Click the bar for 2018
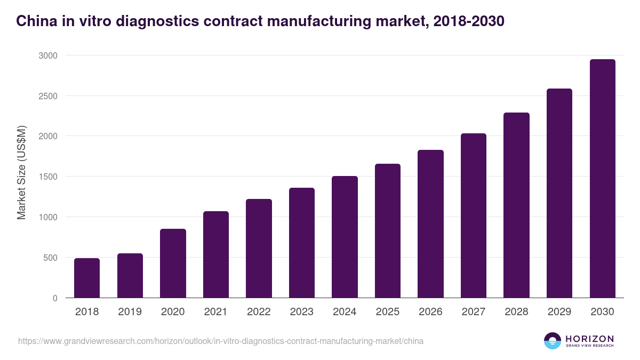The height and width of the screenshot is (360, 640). [87, 278]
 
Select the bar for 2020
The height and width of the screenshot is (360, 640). [173, 263]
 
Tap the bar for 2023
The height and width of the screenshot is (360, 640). [302, 243]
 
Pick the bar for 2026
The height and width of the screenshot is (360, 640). [430, 224]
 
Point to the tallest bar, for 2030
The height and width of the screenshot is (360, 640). [602, 179]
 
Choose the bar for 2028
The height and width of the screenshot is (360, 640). [516, 205]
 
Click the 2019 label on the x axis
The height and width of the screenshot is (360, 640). [130, 312]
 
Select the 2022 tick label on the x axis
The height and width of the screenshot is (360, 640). [259, 312]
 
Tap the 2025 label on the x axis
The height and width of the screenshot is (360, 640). [388, 312]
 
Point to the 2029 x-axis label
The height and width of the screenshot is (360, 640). [559, 312]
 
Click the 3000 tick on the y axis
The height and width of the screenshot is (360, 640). [47, 55]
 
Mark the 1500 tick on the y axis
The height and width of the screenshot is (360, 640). [47, 177]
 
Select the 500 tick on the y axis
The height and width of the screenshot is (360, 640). [50, 258]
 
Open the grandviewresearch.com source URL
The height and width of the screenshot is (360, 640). [221, 341]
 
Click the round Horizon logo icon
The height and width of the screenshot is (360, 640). [552, 341]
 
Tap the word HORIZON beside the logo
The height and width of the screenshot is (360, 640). [589, 338]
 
